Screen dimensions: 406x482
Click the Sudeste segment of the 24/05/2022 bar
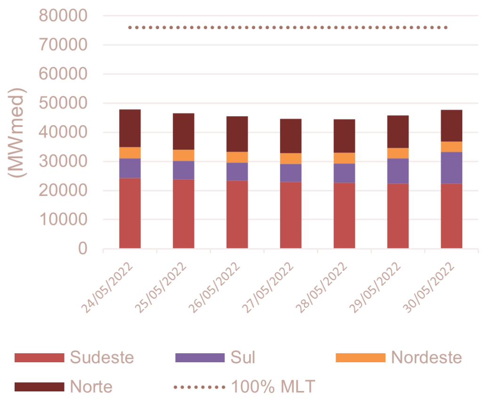click(x=130, y=213)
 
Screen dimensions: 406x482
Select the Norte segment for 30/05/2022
click(x=451, y=126)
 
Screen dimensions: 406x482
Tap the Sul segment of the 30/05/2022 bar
click(x=451, y=167)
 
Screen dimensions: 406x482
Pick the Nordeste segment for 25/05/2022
click(x=184, y=155)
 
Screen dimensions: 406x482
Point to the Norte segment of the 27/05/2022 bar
click(x=291, y=135)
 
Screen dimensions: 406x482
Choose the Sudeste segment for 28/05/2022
click(x=345, y=215)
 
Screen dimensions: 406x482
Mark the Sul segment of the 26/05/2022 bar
click(x=237, y=172)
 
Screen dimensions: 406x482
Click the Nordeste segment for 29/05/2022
click(x=398, y=153)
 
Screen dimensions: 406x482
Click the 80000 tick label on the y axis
click(x=62, y=16)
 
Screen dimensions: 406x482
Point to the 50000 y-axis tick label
click(x=62, y=103)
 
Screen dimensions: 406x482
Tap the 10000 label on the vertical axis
click(x=62, y=220)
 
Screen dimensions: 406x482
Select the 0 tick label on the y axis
click(x=83, y=249)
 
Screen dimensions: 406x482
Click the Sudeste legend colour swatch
click(x=39, y=358)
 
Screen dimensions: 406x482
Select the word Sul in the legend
click(x=243, y=358)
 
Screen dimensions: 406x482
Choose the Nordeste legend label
click(x=426, y=358)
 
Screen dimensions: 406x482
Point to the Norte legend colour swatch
click(x=39, y=387)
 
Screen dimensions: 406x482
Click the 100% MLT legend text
click(x=273, y=387)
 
